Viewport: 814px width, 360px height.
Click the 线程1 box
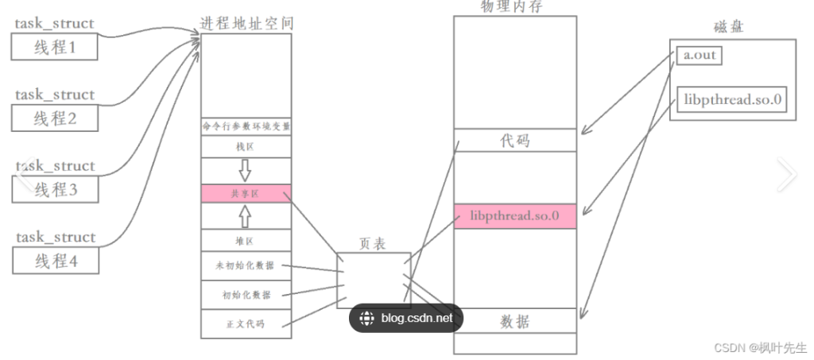coord(55,48)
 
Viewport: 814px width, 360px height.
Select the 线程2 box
coord(55,118)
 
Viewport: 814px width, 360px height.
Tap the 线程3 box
coord(55,190)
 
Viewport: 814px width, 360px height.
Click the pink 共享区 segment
coord(246,193)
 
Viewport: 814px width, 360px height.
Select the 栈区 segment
coord(246,147)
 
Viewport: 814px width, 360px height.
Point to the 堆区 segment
coord(246,239)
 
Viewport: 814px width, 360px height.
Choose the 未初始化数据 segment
coord(246,266)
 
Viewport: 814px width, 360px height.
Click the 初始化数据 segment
coord(246,295)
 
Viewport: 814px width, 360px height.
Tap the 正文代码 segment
coord(246,323)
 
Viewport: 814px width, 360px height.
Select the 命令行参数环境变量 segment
coord(246,126)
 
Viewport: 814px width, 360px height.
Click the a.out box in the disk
coord(700,56)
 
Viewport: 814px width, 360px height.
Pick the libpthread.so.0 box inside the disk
coord(733,99)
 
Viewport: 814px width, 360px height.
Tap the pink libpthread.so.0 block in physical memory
coord(515,216)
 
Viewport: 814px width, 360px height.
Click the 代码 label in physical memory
coord(515,141)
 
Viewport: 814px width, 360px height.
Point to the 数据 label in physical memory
coord(515,321)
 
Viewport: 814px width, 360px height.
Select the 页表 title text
coord(374,244)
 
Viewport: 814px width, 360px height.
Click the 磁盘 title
coord(728,28)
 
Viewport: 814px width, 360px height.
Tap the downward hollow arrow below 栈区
coord(245,170)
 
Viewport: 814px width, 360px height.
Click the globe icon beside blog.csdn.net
coord(366,319)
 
